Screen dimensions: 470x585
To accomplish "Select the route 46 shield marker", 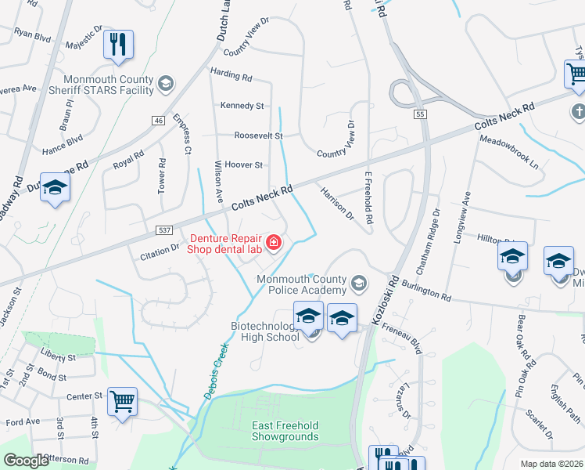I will point(158,120).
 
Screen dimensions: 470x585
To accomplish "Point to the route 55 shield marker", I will point(420,114).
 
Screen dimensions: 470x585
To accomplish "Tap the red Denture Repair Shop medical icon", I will point(274,244).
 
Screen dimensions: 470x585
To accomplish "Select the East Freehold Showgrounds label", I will point(285,431).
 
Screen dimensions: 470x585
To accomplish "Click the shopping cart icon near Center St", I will point(122,403).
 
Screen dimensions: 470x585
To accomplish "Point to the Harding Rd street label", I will point(231,78).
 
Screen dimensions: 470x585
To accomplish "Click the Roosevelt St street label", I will point(258,135).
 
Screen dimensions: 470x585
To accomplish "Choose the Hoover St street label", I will point(243,164).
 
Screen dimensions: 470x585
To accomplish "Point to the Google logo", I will point(27,461).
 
